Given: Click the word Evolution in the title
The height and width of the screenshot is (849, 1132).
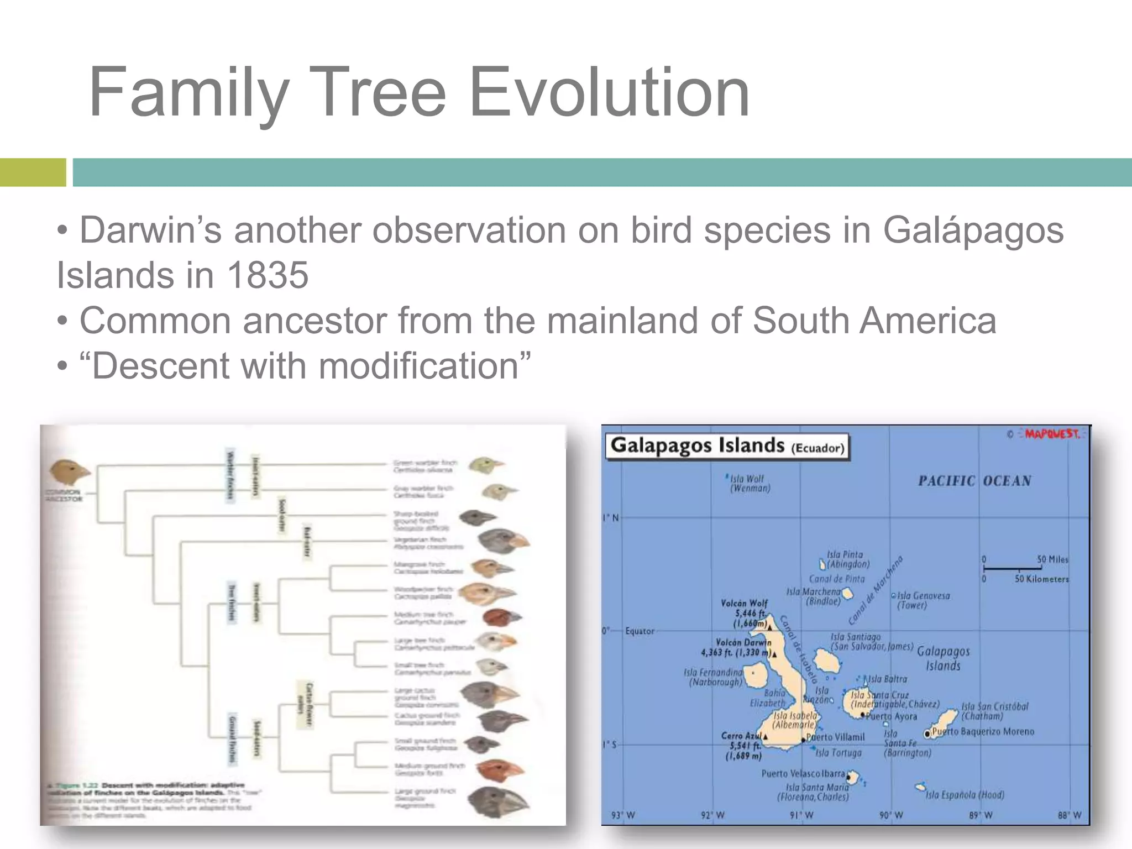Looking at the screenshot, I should tap(609, 92).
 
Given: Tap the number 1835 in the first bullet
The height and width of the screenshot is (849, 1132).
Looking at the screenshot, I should tap(268, 275).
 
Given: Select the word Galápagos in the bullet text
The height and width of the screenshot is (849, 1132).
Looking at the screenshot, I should tap(973, 230).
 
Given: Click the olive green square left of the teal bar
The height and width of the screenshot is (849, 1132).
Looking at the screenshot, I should tap(33, 172).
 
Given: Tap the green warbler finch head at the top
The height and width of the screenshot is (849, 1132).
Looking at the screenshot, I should tap(485, 465).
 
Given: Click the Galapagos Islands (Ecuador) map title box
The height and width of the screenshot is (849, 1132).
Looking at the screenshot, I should tap(727, 446).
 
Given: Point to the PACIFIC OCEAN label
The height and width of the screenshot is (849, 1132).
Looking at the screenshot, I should tap(974, 481).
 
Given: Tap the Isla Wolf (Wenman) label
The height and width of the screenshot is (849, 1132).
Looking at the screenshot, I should tap(749, 484).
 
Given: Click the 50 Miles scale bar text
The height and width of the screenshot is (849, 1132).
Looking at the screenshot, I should tap(1052, 559).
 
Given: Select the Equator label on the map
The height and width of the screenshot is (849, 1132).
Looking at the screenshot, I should tap(640, 631).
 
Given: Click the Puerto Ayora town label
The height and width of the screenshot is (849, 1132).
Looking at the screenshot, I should tap(891, 716).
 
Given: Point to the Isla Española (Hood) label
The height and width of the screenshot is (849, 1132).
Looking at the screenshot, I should tap(965, 795).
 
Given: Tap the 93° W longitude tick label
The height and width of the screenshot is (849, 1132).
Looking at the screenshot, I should tap(623, 815).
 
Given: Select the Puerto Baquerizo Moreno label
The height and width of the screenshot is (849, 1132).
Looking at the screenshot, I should tap(982, 732).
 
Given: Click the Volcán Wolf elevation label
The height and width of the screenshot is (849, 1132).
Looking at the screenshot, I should tap(745, 614).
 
